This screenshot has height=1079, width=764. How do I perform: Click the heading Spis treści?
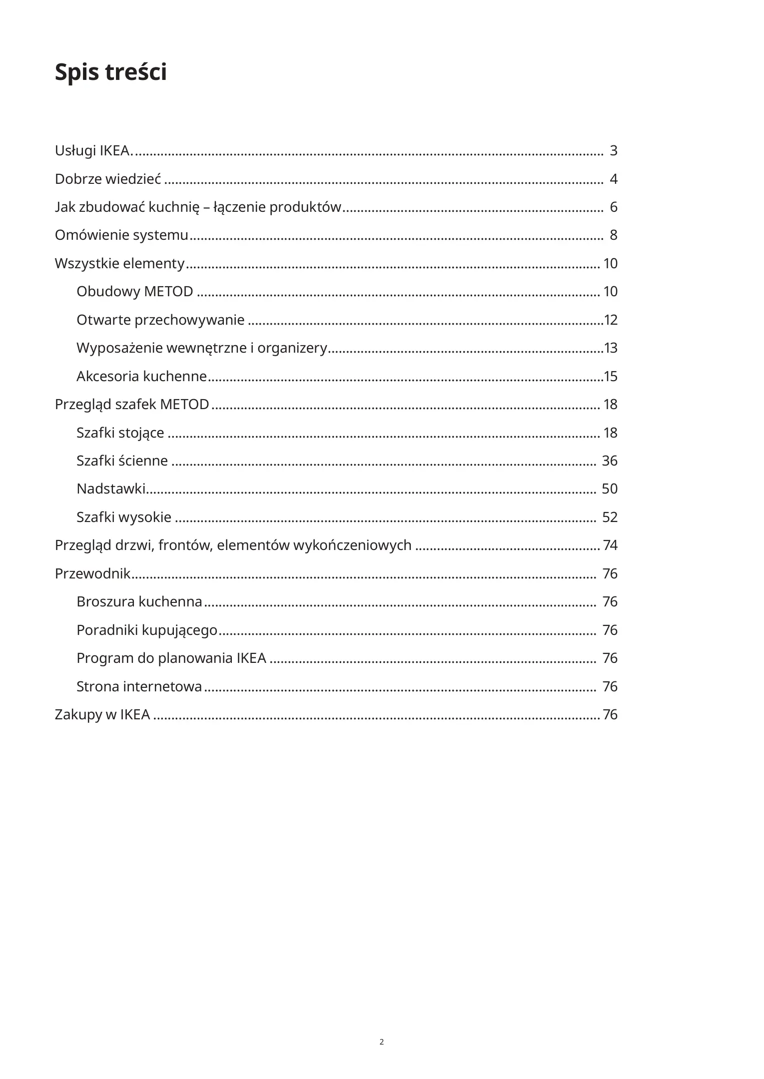point(110,72)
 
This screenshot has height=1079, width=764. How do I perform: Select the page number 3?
point(614,150)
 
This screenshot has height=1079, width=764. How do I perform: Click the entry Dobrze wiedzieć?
point(108,179)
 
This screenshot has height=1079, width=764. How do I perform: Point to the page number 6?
point(614,207)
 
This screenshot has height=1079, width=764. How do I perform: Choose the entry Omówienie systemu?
point(121,235)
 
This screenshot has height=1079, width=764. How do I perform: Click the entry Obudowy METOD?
point(134,291)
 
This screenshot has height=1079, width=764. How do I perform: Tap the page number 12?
point(611,320)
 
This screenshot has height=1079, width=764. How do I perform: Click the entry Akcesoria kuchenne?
point(141,376)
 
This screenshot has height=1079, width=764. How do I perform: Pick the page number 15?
point(611,376)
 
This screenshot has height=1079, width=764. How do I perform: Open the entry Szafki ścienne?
point(122,461)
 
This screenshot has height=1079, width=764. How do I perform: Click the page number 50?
point(610,489)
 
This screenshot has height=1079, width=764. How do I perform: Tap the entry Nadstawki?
point(110,489)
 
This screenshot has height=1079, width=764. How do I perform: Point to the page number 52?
point(610,517)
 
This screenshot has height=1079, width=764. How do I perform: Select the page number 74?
point(610,545)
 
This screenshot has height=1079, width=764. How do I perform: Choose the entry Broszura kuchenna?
point(139,601)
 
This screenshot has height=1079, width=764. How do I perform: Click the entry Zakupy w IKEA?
point(102,714)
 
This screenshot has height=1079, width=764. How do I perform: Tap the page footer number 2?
point(382,1042)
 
